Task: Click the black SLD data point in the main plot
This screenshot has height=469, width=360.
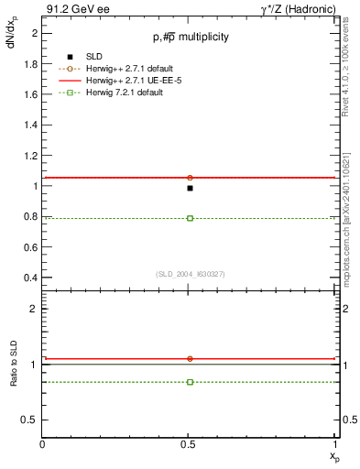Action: point(190,188)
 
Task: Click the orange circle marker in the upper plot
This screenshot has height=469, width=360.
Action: point(190,177)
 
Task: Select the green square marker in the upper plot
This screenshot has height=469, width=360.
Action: point(190,218)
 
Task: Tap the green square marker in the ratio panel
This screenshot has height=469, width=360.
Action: point(190,381)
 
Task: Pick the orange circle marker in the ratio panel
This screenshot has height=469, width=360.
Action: point(190,358)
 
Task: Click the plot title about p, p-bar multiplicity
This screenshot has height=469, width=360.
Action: point(190,37)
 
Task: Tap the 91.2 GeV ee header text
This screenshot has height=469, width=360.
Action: point(78,8)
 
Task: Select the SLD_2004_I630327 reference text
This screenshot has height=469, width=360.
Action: point(190,275)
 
